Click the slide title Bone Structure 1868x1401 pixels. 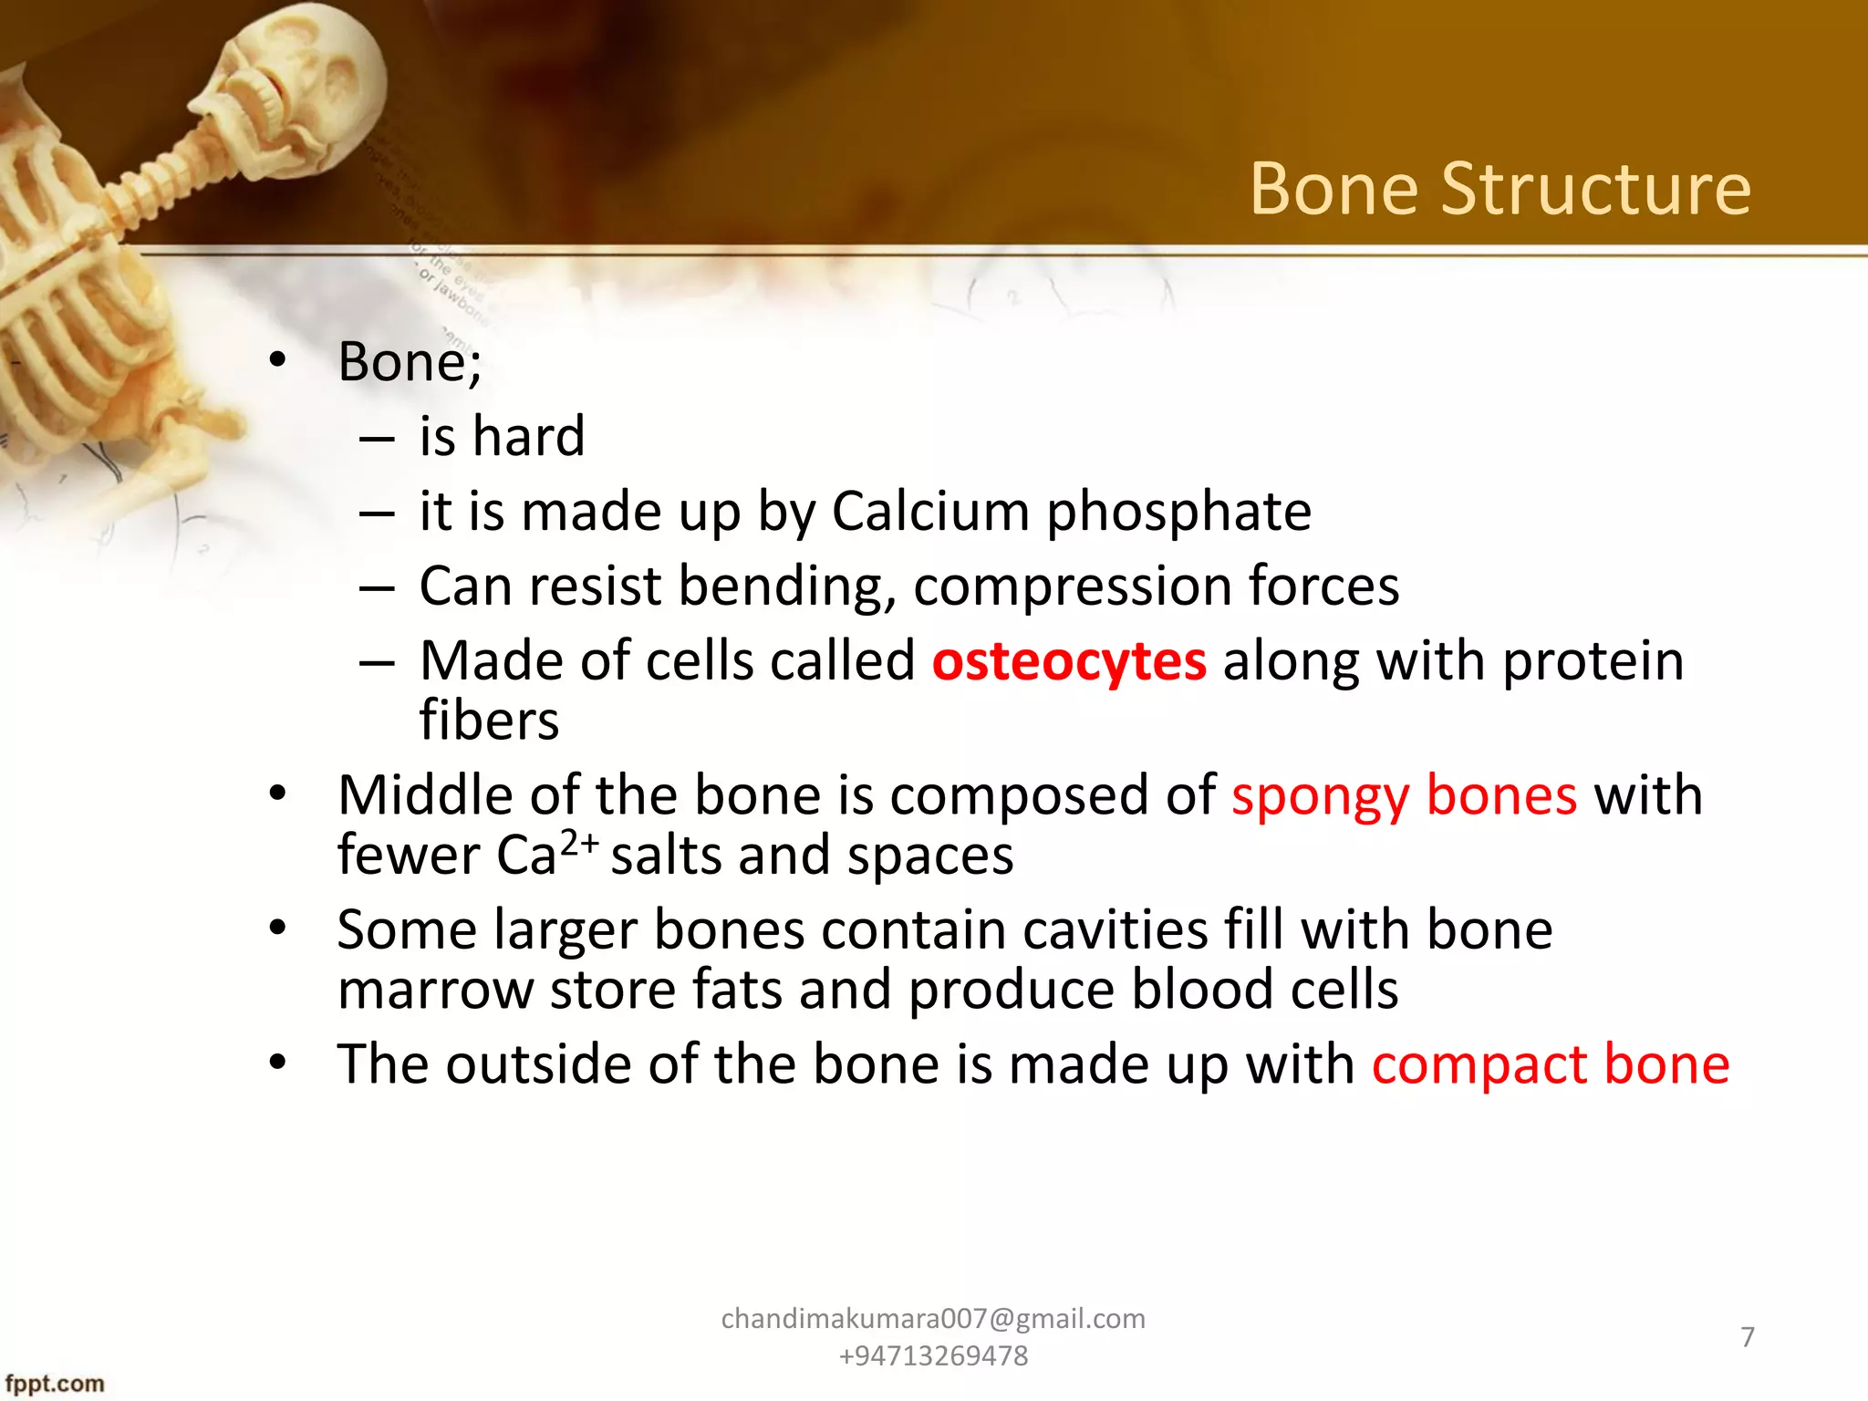click(x=1500, y=189)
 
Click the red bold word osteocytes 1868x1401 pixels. click(x=1069, y=661)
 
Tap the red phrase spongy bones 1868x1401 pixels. click(x=1404, y=795)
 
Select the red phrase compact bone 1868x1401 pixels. click(x=1551, y=1065)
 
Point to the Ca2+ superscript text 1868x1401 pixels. click(x=578, y=844)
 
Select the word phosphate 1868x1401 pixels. click(x=1178, y=513)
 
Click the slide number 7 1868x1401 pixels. click(x=1748, y=1337)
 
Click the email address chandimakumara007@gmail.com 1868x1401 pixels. click(x=933, y=1319)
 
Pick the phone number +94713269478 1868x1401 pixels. click(x=933, y=1356)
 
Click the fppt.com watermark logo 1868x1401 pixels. click(x=55, y=1384)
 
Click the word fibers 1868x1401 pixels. click(x=489, y=721)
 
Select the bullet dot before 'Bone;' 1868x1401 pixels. click(x=278, y=361)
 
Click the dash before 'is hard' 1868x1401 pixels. click(x=377, y=439)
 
